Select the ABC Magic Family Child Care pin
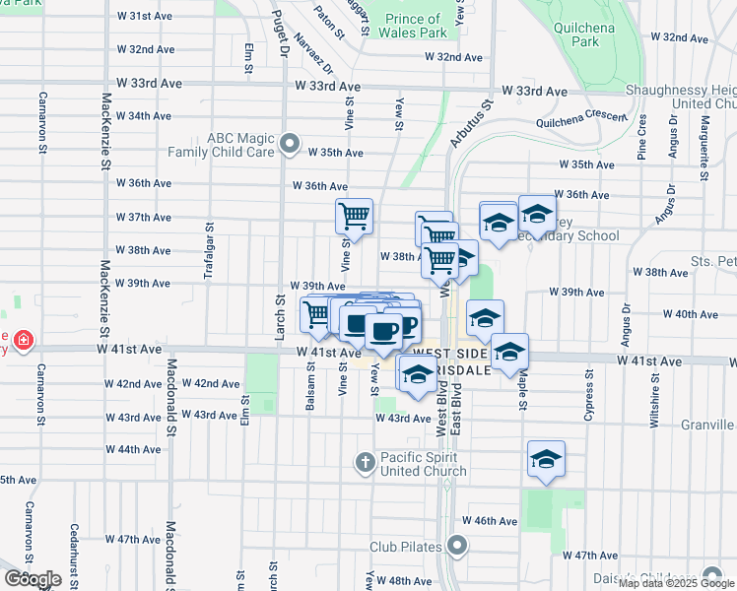click(289, 145)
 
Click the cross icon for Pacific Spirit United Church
click(365, 461)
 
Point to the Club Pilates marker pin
click(456, 545)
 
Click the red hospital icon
click(22, 341)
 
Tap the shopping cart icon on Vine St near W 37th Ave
click(354, 215)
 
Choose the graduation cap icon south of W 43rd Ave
click(546, 459)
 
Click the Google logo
click(33, 578)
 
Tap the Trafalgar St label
click(208, 250)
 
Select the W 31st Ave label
click(146, 17)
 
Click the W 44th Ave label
click(132, 449)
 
